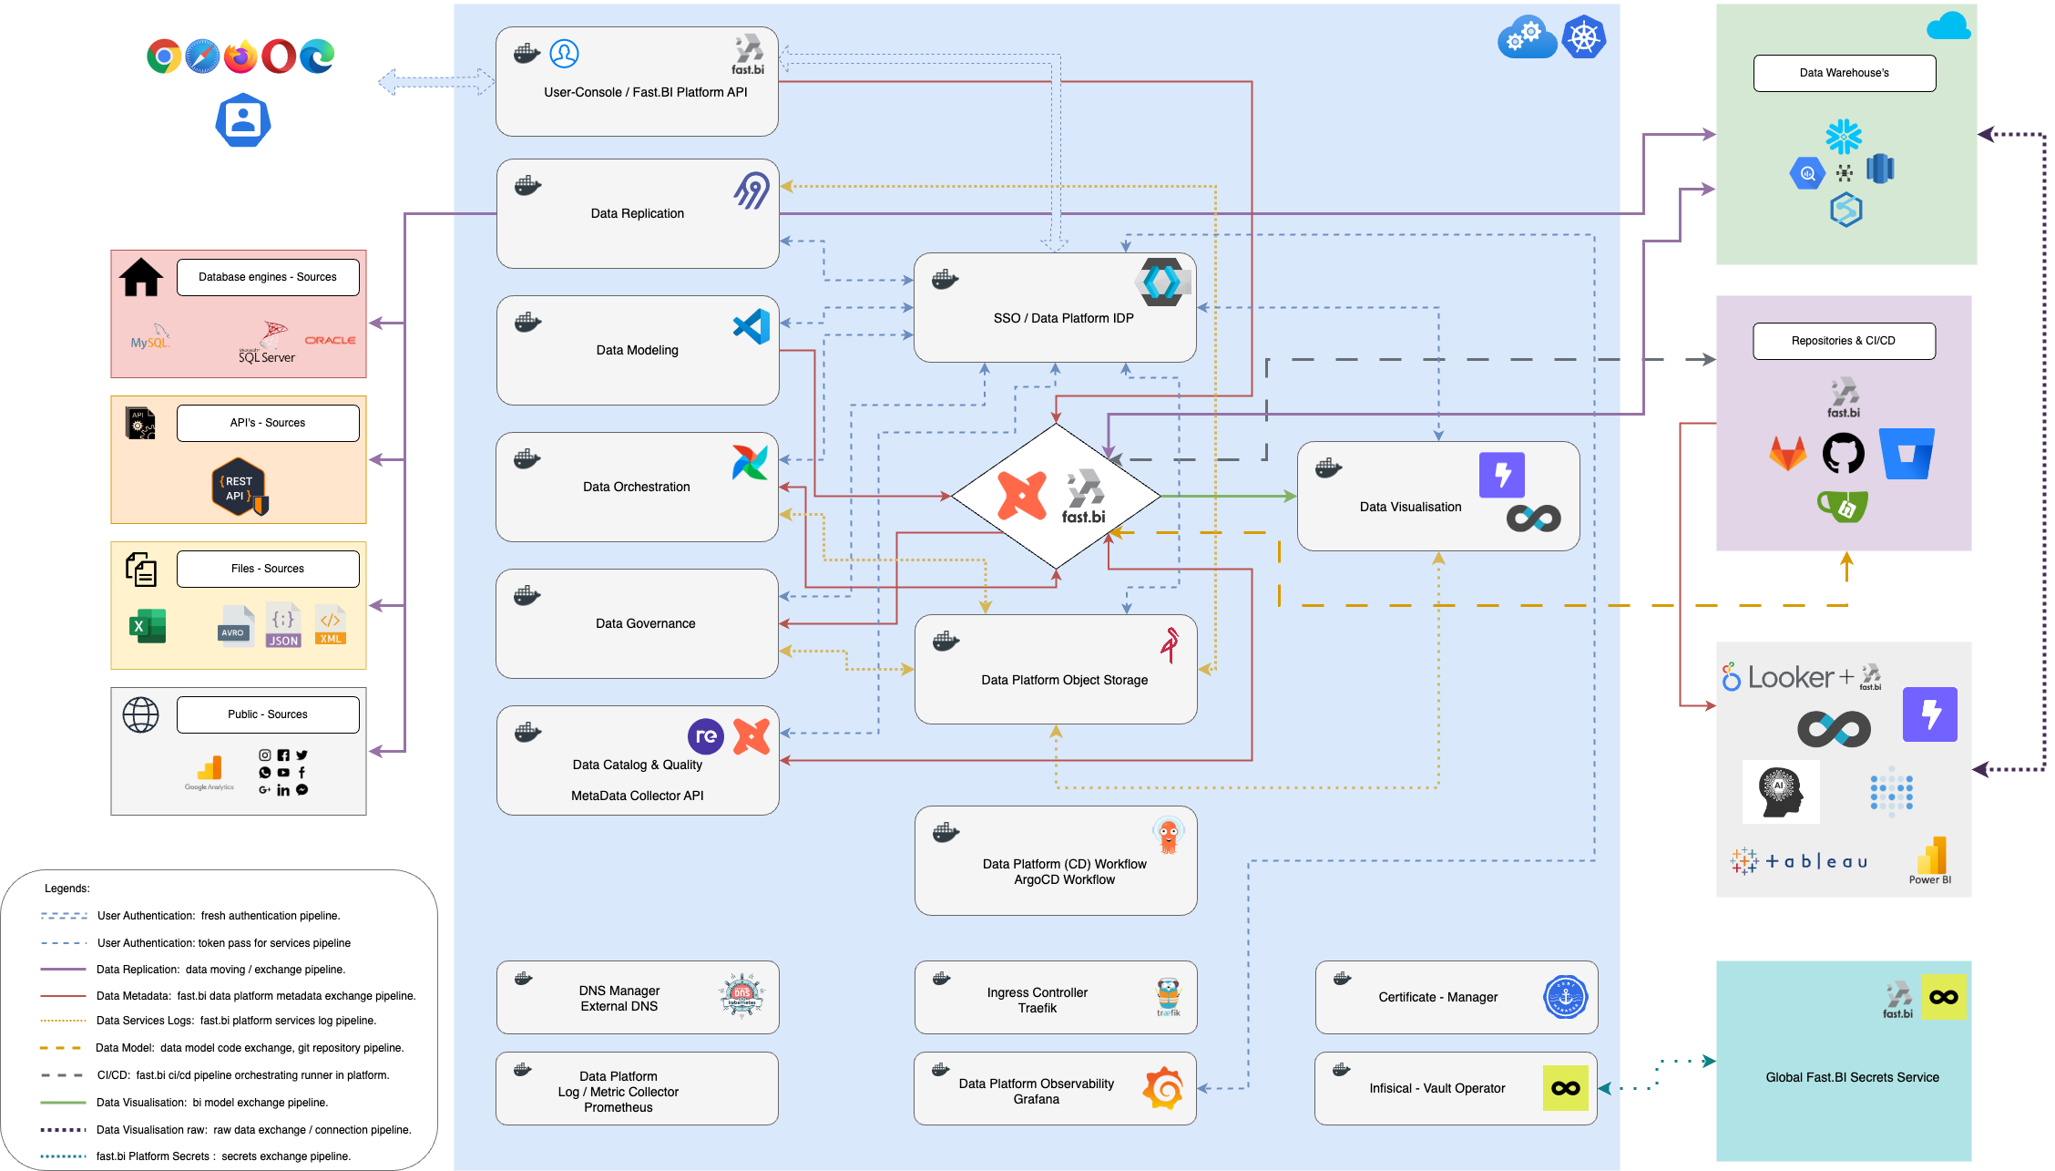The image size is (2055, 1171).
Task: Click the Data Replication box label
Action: [637, 213]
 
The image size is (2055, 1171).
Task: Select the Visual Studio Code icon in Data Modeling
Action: [751, 326]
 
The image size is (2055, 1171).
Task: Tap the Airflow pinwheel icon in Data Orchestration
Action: [750, 462]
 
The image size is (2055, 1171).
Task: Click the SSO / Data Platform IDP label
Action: [1063, 318]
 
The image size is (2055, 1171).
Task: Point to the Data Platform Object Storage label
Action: [1064, 680]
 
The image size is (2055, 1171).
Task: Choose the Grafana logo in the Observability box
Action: [1163, 1088]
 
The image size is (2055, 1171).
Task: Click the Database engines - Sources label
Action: [268, 277]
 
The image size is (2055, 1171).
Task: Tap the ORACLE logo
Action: [330, 340]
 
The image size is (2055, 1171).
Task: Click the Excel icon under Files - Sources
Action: [147, 626]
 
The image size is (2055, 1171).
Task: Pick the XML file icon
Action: [330, 625]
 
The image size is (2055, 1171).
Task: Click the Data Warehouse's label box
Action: [1844, 73]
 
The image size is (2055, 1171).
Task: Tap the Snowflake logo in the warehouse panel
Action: [1844, 137]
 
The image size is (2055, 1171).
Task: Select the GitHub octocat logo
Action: [1843, 453]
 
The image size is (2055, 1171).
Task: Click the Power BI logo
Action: [1930, 859]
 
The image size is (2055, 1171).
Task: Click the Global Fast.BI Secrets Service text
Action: [1852, 1077]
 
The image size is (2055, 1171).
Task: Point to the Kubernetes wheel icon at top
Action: [1584, 37]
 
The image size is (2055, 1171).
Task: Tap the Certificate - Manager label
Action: [1437, 997]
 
